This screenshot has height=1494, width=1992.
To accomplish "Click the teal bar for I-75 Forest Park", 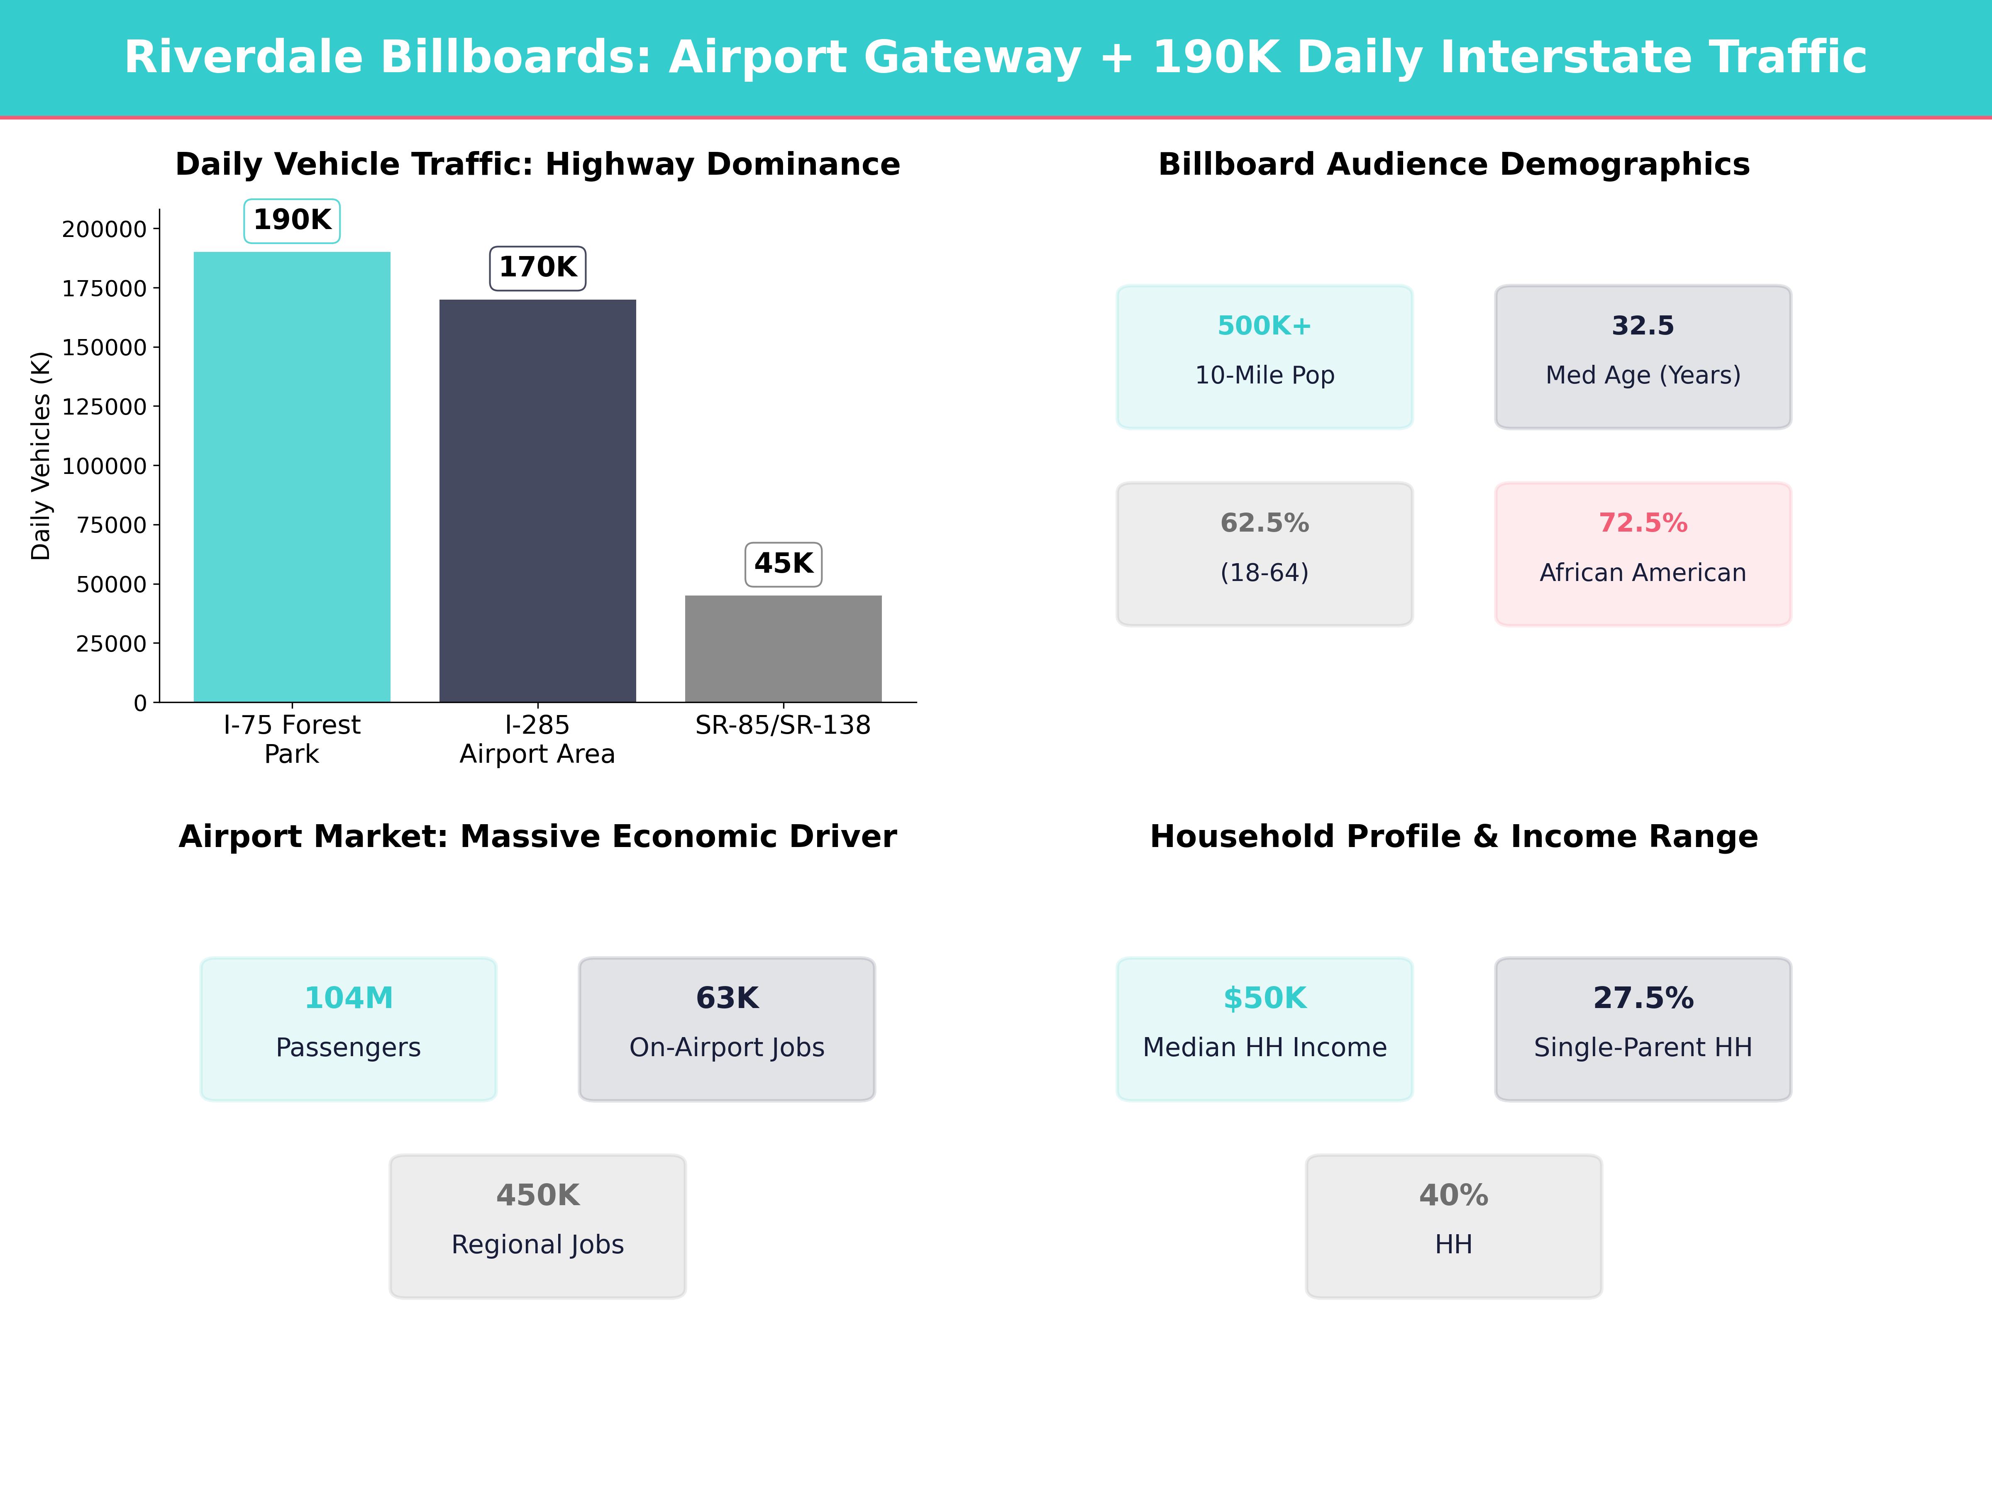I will point(292,477).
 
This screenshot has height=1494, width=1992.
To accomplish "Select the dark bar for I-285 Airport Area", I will point(537,501).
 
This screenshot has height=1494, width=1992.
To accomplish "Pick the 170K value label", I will point(537,267).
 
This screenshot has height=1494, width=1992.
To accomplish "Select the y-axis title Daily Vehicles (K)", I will point(41,456).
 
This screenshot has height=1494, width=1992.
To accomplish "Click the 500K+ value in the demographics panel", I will point(1265,326).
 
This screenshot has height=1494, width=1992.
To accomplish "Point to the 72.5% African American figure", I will point(1643,523).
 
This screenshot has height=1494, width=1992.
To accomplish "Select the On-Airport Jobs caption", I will point(727,1047).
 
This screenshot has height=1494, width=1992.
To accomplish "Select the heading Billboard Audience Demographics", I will point(1453,165).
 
